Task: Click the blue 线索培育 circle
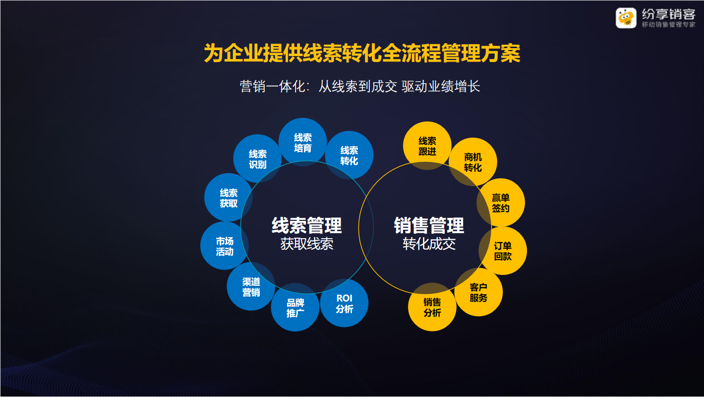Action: tap(302, 142)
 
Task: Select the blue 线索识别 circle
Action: tap(257, 158)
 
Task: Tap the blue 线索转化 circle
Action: tap(349, 155)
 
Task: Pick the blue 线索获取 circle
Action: tap(229, 198)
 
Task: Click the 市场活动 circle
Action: tap(225, 246)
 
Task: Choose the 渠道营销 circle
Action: tap(251, 286)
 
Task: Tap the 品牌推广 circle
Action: tap(295, 307)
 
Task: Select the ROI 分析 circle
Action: tap(344, 303)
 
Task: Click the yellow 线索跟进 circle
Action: tap(427, 146)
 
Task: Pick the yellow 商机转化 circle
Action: tap(472, 162)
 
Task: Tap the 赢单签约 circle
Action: tap(501, 202)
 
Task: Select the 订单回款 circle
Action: tap(503, 251)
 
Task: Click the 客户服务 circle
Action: tap(478, 292)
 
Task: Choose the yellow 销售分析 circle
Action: tap(432, 307)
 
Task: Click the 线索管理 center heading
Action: tap(306, 226)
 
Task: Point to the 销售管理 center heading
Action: tap(429, 226)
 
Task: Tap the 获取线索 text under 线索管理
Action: tap(307, 244)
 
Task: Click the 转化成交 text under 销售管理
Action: tap(429, 244)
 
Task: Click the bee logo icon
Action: tap(626, 18)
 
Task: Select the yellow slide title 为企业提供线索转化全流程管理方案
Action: tap(362, 53)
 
